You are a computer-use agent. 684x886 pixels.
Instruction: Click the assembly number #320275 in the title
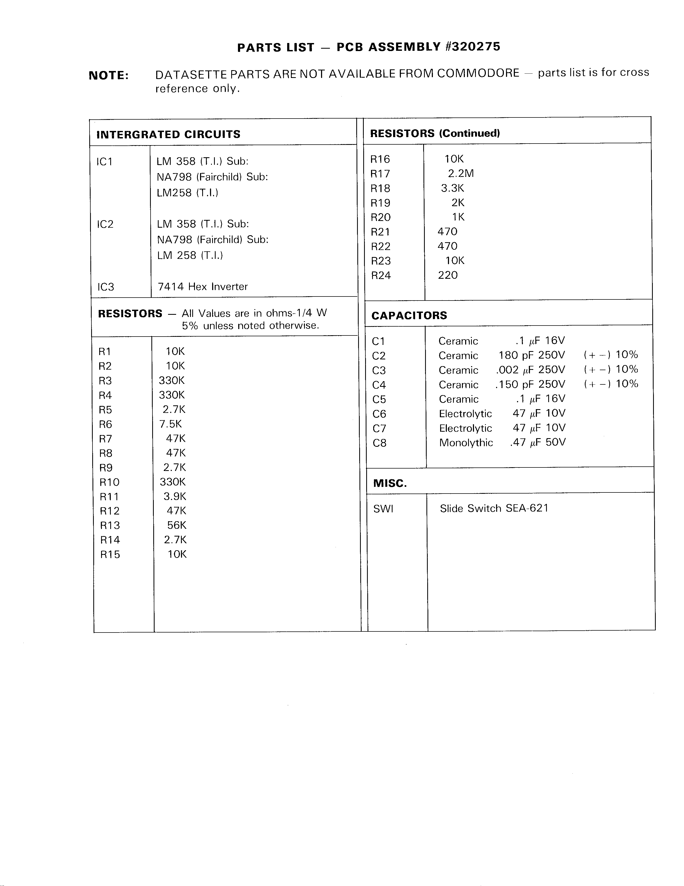pos(473,47)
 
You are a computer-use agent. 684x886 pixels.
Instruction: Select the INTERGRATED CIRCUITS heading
pos(168,134)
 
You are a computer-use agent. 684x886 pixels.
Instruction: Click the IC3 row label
pos(105,287)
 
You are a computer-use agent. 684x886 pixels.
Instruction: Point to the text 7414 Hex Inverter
pos(202,286)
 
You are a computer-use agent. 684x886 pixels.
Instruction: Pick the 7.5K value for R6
pos(170,424)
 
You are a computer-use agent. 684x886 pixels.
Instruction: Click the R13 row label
pos(110,525)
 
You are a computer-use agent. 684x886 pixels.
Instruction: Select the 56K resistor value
pos(176,525)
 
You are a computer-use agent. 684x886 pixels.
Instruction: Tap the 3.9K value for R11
pos(175,496)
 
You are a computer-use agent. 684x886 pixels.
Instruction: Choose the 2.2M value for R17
pos(461,173)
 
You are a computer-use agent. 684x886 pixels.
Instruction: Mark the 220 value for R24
pos(447,275)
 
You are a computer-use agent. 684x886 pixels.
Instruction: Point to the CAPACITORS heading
pos(409,315)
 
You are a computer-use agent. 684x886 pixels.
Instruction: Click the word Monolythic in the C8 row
pos(466,442)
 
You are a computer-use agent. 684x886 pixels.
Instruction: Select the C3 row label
pos(379,370)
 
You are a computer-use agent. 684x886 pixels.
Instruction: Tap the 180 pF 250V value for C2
pos(532,355)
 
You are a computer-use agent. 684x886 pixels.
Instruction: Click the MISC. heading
pos(390,483)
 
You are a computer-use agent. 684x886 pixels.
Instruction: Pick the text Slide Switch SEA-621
pos(494,508)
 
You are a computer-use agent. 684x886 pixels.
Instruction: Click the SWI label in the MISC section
pos(383,509)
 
